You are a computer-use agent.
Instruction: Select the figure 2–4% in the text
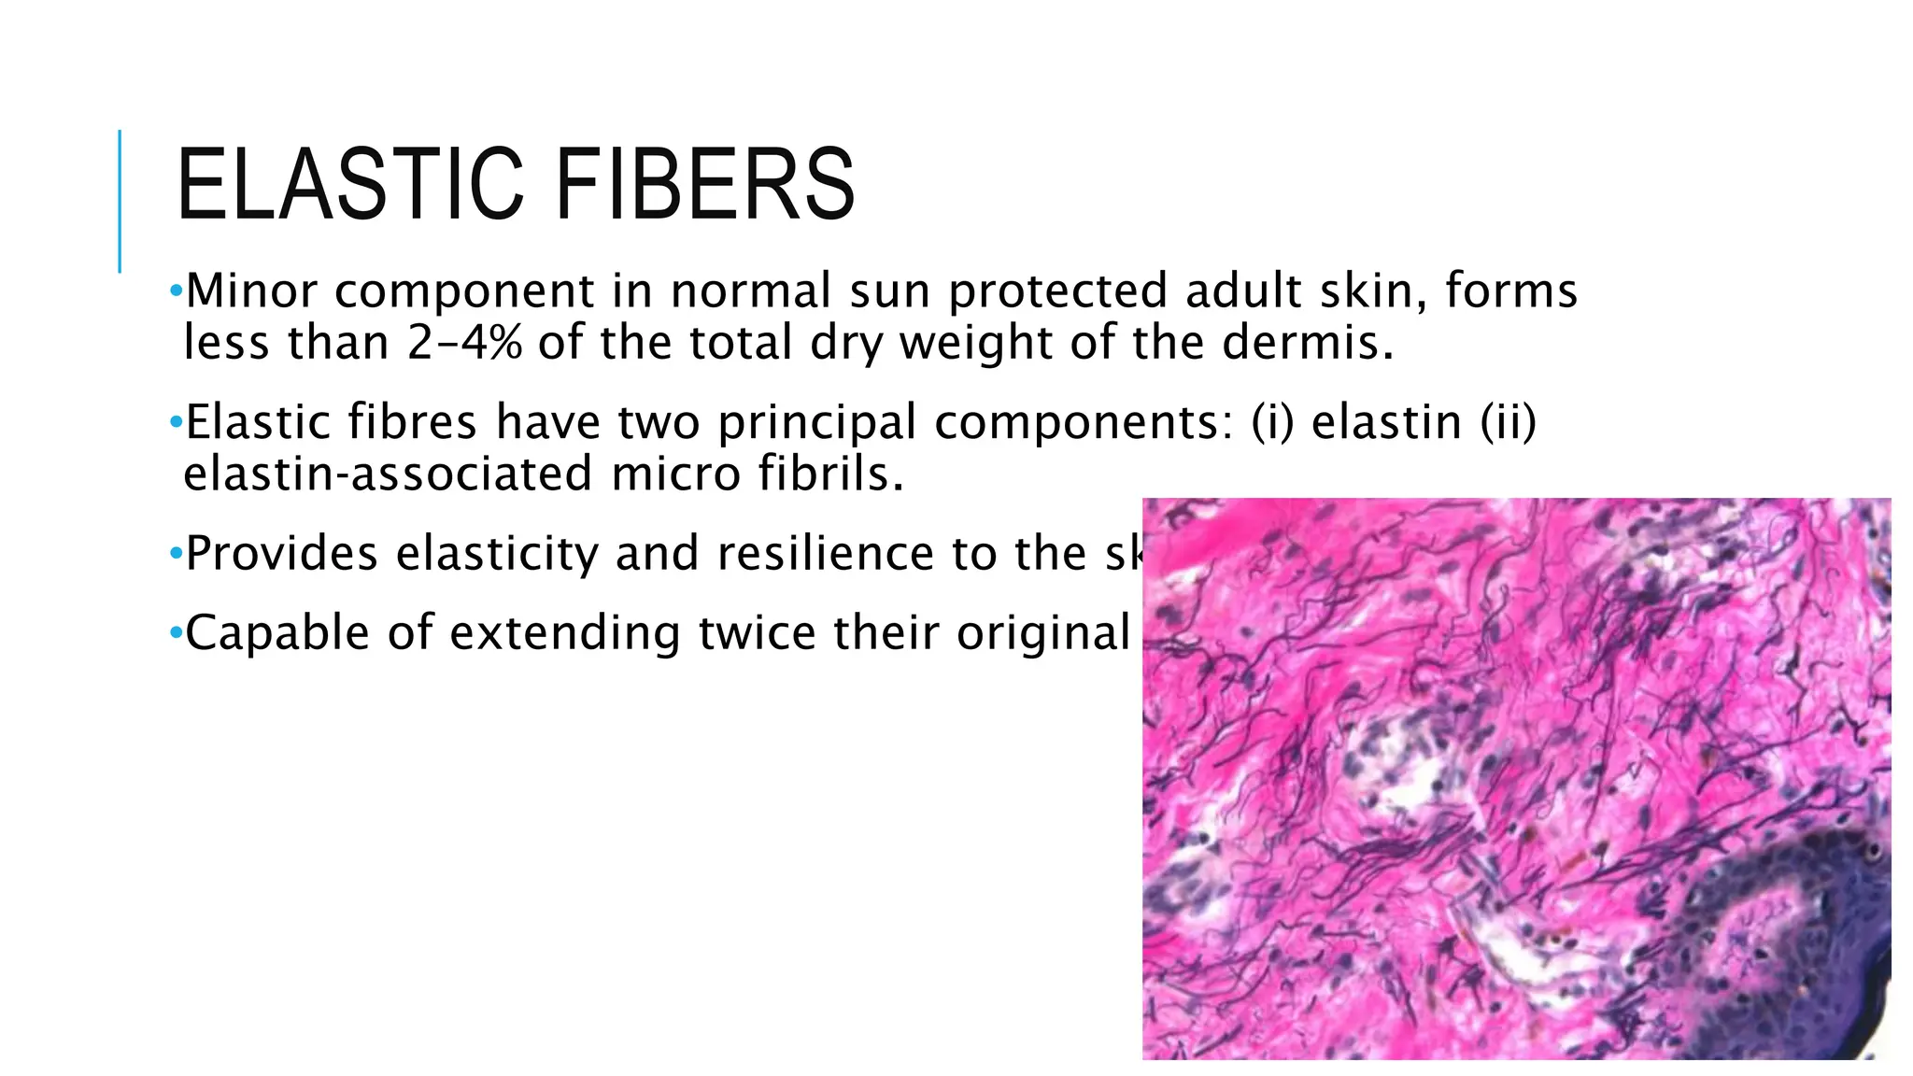click(464, 342)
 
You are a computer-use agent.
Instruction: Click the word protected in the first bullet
click(1057, 290)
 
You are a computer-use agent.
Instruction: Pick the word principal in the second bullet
click(817, 422)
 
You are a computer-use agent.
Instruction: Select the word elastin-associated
click(388, 474)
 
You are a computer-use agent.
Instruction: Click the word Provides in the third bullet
click(281, 554)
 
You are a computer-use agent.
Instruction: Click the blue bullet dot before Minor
click(175, 292)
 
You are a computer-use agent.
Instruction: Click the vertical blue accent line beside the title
click(120, 201)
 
